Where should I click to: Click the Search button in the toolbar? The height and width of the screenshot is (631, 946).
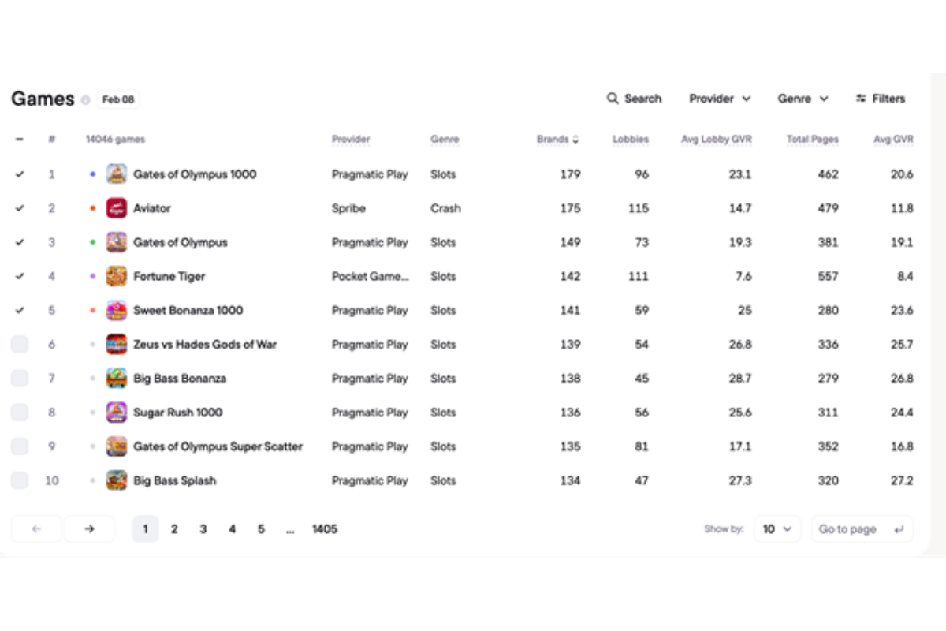(634, 99)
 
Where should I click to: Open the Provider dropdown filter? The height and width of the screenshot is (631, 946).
(720, 99)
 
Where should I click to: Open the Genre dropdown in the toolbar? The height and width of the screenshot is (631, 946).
(803, 99)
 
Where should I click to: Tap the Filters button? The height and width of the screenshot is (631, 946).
(881, 99)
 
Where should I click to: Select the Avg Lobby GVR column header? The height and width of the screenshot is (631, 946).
(716, 140)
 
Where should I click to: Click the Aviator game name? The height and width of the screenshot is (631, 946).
(152, 208)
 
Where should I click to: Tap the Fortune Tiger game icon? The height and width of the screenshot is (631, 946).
(117, 276)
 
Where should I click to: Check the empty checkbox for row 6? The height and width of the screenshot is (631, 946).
(20, 345)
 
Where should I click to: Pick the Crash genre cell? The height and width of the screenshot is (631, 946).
(445, 208)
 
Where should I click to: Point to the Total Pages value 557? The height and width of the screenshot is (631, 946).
(828, 276)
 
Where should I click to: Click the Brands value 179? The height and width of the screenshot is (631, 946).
(570, 174)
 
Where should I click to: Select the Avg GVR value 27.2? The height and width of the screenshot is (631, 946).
(902, 480)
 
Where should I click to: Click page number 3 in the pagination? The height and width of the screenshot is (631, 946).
(203, 529)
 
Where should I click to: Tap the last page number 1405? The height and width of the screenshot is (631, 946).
(325, 529)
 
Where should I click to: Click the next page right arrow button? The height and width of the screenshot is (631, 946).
(89, 529)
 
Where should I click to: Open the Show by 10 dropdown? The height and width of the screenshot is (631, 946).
(777, 529)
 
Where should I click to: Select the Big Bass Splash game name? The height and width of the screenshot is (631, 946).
(174, 480)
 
